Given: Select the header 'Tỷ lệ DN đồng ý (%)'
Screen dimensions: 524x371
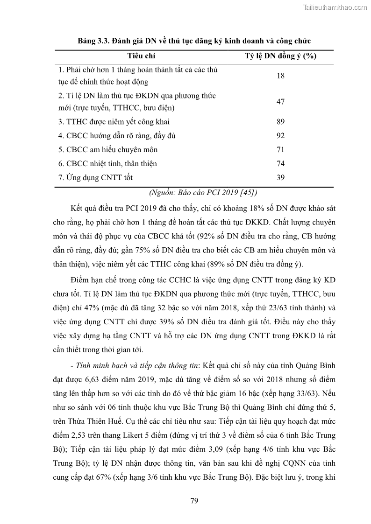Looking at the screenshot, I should point(281,56).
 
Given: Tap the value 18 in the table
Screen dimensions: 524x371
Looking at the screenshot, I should point(281,76).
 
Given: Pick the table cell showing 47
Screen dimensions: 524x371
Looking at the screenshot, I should point(281,102).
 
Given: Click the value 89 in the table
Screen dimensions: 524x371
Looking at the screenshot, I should point(281,122).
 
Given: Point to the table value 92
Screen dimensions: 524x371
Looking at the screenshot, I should point(281,136).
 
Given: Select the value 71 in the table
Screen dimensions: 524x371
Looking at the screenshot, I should point(281,150).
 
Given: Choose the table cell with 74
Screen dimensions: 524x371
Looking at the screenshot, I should point(281,164).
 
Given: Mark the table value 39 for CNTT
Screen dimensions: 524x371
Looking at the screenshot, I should point(281,178).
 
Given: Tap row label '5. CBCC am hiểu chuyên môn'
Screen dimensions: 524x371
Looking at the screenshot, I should point(108,150).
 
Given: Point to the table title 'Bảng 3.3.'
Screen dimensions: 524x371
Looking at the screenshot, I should point(93,41).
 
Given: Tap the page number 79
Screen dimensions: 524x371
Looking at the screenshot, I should point(195,501).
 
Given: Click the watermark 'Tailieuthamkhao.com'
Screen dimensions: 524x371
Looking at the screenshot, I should point(335,7).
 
